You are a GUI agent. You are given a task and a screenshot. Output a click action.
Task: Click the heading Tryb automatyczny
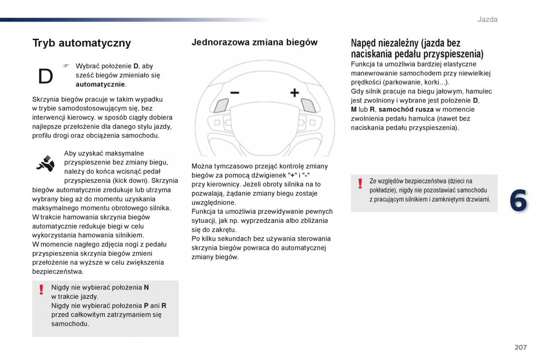point(81,43)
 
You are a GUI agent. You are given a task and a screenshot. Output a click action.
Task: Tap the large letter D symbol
point(45,77)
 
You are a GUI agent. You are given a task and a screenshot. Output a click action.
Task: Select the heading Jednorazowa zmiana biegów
point(254,42)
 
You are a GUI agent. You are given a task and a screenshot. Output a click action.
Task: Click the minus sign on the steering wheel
point(234,93)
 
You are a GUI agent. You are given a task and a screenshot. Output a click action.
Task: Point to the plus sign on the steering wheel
point(294,93)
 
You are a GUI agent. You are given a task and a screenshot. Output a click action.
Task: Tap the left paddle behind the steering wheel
point(221,105)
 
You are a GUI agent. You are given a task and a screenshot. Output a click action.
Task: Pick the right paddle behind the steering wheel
point(308,105)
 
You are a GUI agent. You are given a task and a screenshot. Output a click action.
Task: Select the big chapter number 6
point(517,201)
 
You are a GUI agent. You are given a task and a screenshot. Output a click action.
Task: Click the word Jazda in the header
point(487,19)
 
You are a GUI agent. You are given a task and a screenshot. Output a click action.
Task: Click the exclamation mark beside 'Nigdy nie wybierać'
point(41,289)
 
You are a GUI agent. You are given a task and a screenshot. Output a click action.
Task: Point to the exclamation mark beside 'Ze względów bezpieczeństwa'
point(360,183)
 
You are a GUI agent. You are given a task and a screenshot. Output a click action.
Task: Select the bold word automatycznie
point(100,84)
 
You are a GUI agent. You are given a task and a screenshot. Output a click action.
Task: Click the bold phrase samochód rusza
point(406,109)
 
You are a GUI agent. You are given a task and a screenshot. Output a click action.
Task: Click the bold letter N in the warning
point(146,287)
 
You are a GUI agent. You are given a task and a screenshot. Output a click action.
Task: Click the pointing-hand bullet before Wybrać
point(66,66)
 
